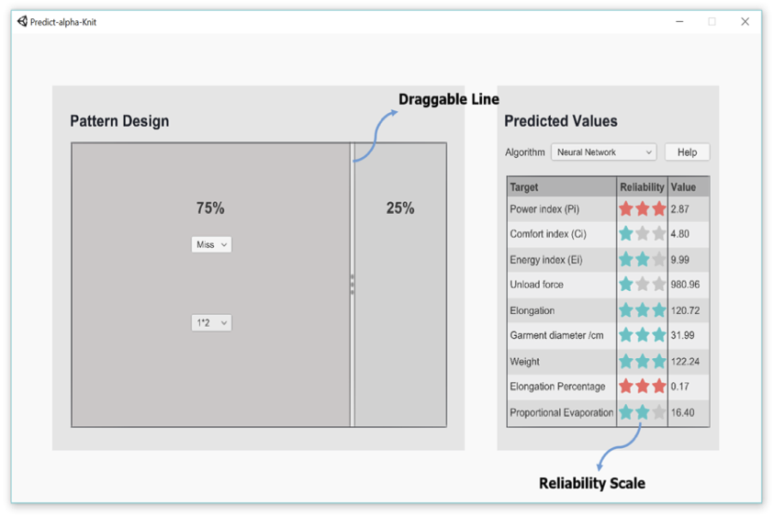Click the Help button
[687, 152]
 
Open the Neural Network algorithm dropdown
[604, 152]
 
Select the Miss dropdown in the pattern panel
[211, 244]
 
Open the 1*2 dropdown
[211, 323]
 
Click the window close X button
[745, 22]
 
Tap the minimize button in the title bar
[679, 22]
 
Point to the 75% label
[210, 208]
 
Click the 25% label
[400, 208]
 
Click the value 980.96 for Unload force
[685, 285]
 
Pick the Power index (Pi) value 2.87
[679, 208]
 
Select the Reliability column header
[642, 187]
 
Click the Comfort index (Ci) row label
[548, 234]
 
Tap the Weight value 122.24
[685, 362]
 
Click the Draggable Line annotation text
[449, 99]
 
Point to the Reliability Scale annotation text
[592, 483]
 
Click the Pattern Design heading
[119, 121]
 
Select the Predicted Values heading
[561, 121]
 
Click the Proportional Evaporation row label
[562, 413]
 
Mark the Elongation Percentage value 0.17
[679, 387]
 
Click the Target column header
[523, 187]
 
